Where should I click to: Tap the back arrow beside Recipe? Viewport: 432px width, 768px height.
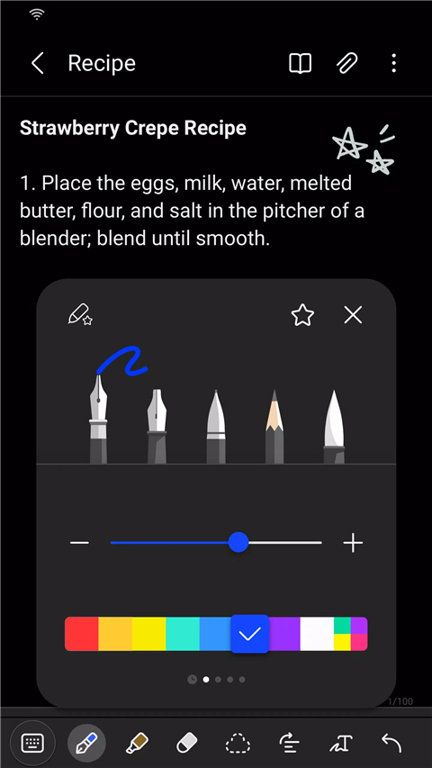coord(37,63)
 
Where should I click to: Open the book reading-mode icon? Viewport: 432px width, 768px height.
coord(300,63)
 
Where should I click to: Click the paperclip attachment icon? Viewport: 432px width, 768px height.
coord(346,63)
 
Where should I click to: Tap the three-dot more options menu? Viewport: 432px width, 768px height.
coord(394,63)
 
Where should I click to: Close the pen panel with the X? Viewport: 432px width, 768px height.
coord(353,314)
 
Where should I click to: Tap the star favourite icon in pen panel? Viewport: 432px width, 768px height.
coord(302,314)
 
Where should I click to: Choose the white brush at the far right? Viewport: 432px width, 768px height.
coord(333,424)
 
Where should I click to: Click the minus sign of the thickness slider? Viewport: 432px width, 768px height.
coord(79,543)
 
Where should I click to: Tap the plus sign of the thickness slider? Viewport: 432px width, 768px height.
coord(353,543)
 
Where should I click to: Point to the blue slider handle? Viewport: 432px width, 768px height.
coord(238,542)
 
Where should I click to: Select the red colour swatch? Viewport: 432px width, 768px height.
coord(81,634)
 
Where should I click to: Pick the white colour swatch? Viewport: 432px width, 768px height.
coord(317,634)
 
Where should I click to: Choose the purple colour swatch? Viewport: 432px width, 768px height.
coord(284,634)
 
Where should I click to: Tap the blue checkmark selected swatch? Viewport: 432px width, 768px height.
coord(250,634)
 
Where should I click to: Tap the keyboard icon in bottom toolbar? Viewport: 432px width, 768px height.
coord(32,743)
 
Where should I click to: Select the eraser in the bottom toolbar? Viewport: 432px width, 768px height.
coord(186,743)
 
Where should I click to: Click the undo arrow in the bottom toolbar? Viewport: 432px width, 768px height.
coord(391,743)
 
